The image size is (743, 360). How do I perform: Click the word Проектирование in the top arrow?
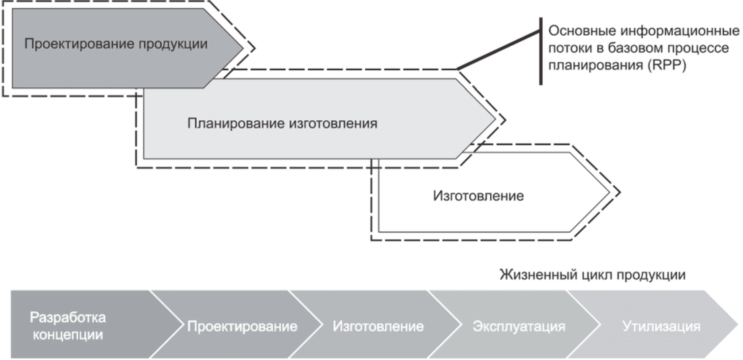coord(80,44)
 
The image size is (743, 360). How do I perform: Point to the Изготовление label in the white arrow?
coord(479,196)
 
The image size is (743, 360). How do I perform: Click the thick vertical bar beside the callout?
coord(541,51)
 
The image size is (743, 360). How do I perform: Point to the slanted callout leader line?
coord(498,50)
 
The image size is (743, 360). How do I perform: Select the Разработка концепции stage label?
coord(68,326)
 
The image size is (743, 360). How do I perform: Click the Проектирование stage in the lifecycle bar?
coord(242,327)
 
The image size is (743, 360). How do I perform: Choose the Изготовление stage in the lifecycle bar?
coord(378,327)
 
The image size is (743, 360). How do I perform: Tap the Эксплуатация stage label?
coord(519,327)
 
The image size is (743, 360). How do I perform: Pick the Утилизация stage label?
coord(661,327)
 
